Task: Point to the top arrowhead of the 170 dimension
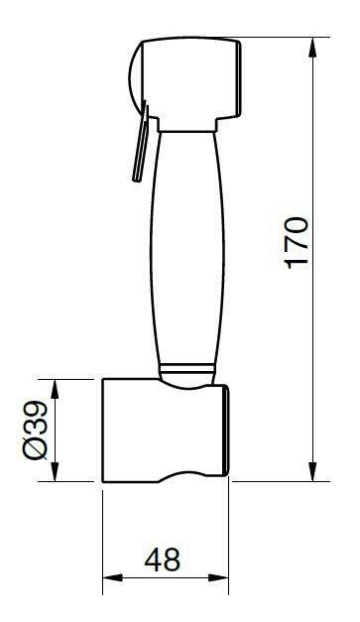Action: [314, 45]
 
